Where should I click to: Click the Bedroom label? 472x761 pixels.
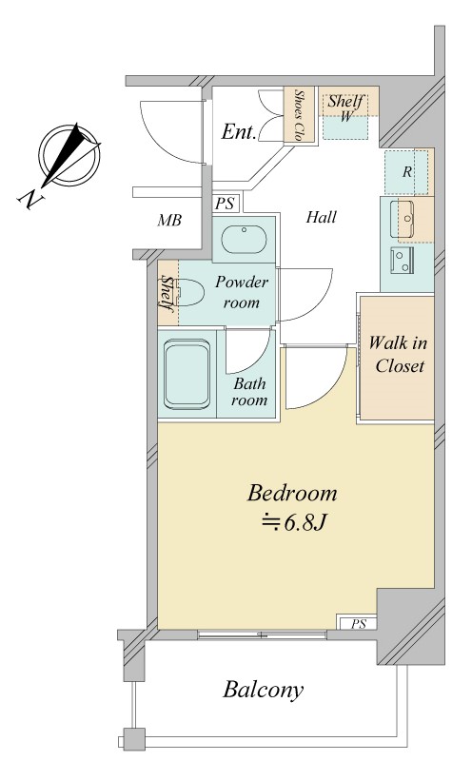coord(292,493)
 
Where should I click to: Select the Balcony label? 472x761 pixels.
coord(264,690)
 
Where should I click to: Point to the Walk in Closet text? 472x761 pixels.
coord(398,354)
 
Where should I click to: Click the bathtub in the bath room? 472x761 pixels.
coord(187,374)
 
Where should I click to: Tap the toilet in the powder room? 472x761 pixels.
coord(189,292)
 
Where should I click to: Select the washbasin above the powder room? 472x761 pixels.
coord(244,239)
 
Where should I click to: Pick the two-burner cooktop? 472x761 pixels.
coord(403,262)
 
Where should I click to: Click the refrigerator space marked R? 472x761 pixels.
coord(407,172)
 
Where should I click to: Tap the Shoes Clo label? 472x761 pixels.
coord(299,115)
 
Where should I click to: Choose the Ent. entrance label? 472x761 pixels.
coord(239,131)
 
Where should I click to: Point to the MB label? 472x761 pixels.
coord(169,221)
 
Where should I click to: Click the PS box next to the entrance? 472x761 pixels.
coord(225,203)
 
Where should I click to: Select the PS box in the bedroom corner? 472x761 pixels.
coord(359,623)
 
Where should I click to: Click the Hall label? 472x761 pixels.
coord(321,217)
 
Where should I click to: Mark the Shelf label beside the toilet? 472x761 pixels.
coord(167,294)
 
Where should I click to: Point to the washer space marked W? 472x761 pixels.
coord(345,116)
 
